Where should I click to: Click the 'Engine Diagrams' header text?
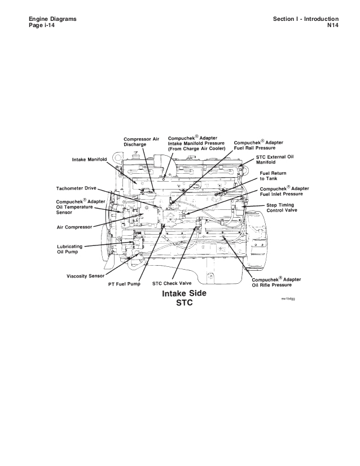(52, 19)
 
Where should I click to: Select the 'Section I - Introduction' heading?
(305, 19)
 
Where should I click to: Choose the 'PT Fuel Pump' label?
(124, 284)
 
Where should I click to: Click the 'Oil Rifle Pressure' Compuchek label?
(276, 283)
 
